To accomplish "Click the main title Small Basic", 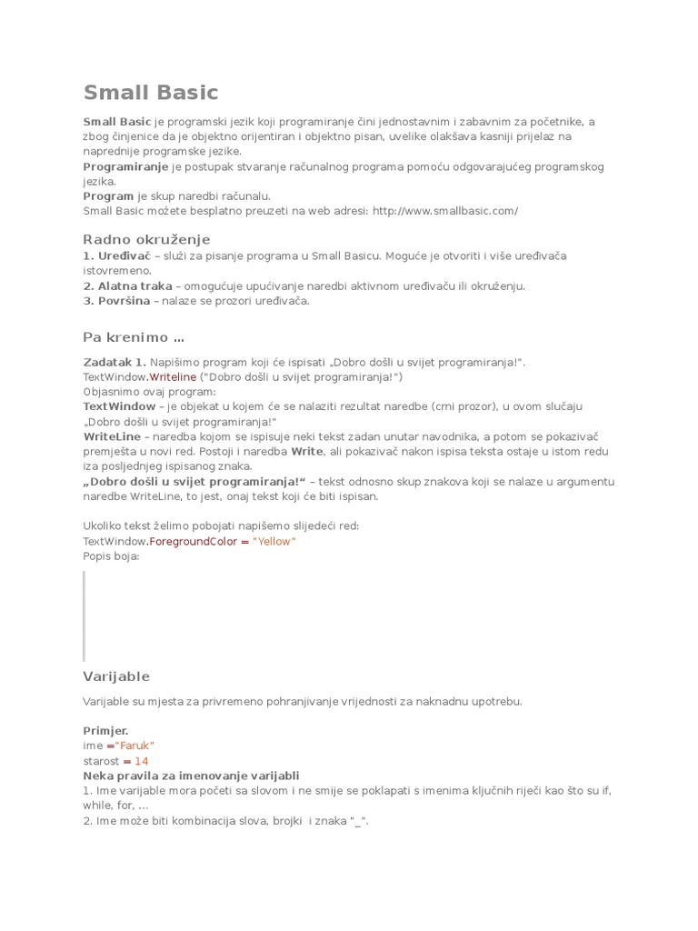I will pos(151,93).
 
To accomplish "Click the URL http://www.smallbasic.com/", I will pos(445,211).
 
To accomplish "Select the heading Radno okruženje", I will pos(146,239).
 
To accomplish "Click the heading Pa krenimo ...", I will pos(134,338).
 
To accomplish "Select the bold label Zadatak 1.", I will pos(115,362).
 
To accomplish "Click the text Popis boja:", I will pos(111,556).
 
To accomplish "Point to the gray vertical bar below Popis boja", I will pos(85,616).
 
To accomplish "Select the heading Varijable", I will pos(116,676).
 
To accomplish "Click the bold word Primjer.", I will pos(106,730).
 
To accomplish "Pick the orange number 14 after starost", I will pos(141,761).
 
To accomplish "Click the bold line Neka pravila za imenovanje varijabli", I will pos(191,776).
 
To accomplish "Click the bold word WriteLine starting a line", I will pos(112,436).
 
